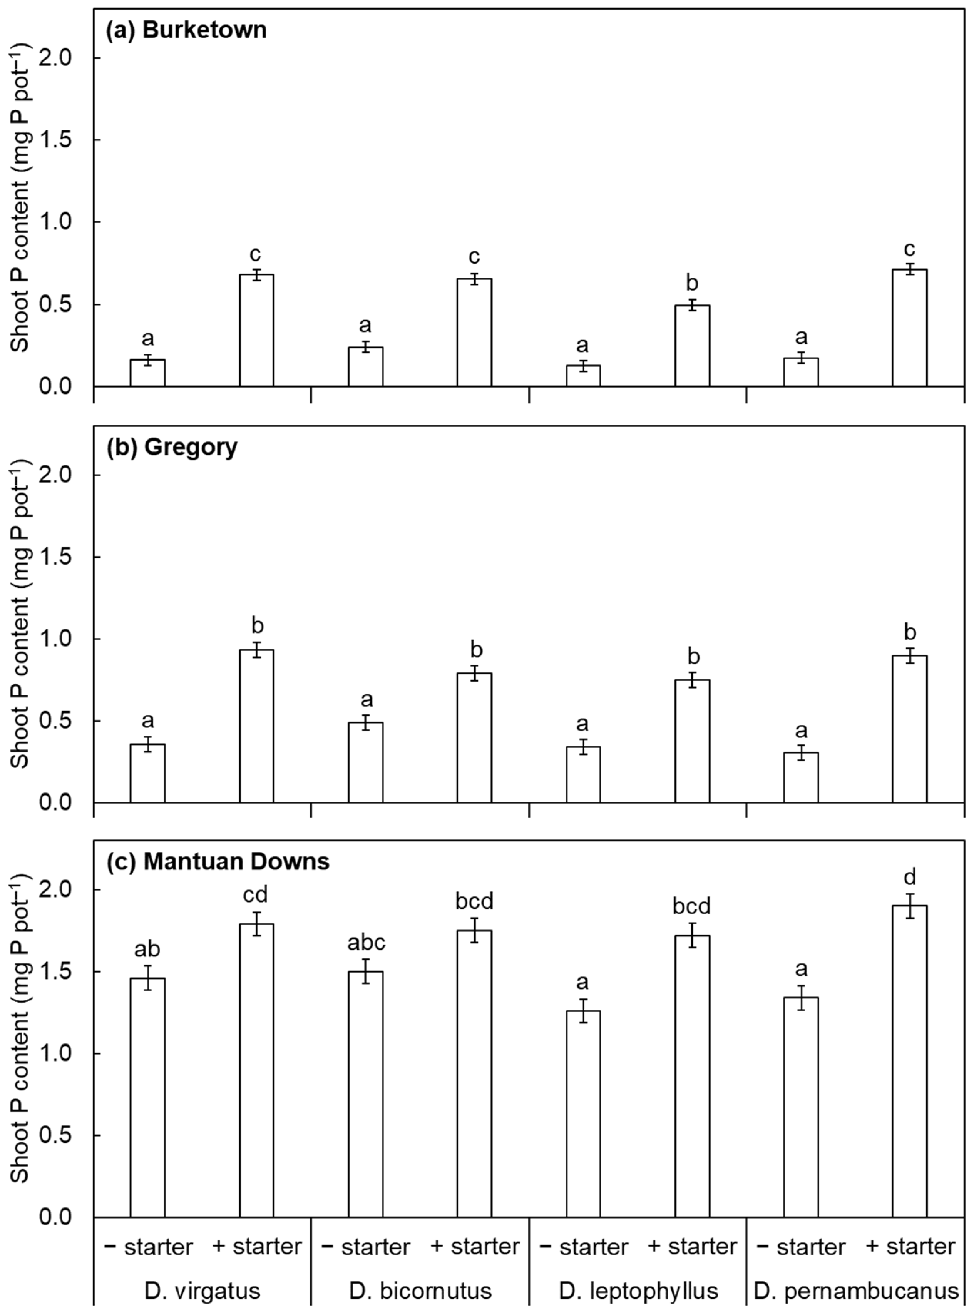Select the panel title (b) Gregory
[x=172, y=447]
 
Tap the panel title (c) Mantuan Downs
[x=218, y=862]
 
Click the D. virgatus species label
[x=202, y=1291]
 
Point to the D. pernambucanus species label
[x=856, y=1291]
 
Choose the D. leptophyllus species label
[x=639, y=1291]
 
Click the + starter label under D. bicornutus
[x=475, y=1246]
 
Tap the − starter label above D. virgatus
[x=148, y=1247]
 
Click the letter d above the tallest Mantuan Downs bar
[x=910, y=877]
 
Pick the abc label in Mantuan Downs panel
[x=366, y=943]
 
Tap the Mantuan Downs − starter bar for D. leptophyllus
[x=583, y=1114]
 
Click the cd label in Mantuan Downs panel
[x=255, y=895]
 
